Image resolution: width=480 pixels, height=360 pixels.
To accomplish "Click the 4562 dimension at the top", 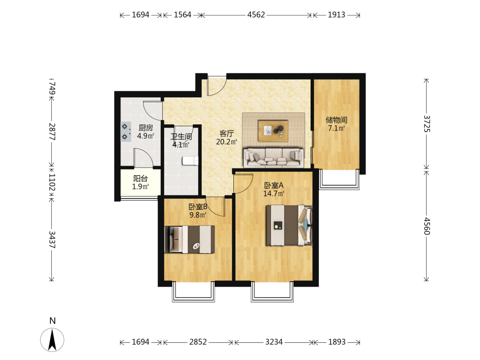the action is [256, 15].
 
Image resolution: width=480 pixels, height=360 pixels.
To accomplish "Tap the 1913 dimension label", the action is [336, 15].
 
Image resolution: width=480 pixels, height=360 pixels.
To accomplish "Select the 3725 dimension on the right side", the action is [427, 124].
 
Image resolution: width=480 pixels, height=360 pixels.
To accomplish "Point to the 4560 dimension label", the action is [427, 226].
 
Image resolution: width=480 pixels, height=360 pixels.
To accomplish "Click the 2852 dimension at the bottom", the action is [198, 342].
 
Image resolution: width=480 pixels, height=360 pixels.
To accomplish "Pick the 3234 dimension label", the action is [274, 342].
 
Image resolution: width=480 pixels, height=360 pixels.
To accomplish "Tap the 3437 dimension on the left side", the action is [52, 240].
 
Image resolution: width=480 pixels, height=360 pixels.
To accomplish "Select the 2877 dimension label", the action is [52, 132].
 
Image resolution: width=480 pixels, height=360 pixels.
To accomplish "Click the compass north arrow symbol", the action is [52, 339].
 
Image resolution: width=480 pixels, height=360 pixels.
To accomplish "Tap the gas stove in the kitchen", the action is [125, 132].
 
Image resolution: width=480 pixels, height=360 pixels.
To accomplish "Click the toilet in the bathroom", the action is [190, 161].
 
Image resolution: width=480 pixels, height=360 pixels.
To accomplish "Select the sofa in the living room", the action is [274, 157].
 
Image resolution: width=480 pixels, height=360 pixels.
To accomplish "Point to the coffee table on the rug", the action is [273, 131].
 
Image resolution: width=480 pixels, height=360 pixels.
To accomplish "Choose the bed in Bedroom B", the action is [190, 240].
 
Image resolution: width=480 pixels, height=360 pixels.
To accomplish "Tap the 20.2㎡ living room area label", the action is [227, 142].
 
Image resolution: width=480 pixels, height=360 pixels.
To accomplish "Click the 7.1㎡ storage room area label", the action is [336, 128].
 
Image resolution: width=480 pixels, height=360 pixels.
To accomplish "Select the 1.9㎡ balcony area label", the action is [141, 187].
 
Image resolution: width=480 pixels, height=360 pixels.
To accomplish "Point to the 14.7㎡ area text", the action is [274, 193].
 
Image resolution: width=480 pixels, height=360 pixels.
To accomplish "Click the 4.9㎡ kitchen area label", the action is [145, 136].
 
